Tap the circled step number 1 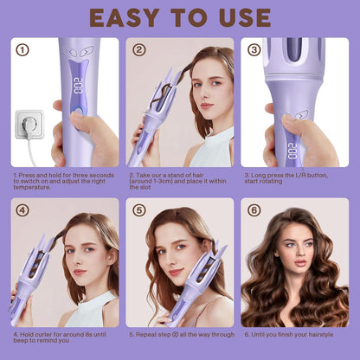[x=22, y=49]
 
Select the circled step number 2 [x=139, y=49]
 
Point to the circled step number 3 [x=254, y=49]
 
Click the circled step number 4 [x=22, y=209]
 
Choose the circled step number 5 [x=139, y=209]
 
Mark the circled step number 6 [x=254, y=209]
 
